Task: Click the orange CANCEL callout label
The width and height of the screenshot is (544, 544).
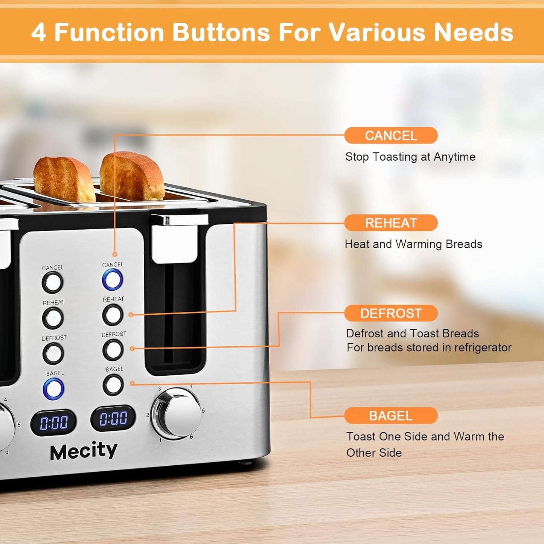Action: click(391, 136)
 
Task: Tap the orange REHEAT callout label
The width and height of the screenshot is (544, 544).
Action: click(391, 223)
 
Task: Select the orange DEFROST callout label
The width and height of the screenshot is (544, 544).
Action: click(391, 313)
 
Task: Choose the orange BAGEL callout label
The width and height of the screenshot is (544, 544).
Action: click(391, 416)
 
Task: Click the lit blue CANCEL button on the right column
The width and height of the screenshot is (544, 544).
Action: click(113, 280)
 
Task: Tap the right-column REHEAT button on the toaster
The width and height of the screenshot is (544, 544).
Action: click(113, 315)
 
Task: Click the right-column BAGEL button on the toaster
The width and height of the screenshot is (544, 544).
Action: click(113, 385)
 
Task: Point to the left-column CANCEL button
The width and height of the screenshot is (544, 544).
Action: click(52, 283)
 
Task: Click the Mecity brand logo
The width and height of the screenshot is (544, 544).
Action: click(84, 451)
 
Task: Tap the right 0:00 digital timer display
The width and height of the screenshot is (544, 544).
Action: click(113, 418)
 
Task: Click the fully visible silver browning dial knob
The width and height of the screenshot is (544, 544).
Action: click(177, 413)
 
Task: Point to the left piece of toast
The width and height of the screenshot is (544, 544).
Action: click(64, 180)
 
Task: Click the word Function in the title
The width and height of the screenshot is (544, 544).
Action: click(109, 32)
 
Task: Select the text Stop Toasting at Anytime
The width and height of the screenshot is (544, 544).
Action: click(410, 157)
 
